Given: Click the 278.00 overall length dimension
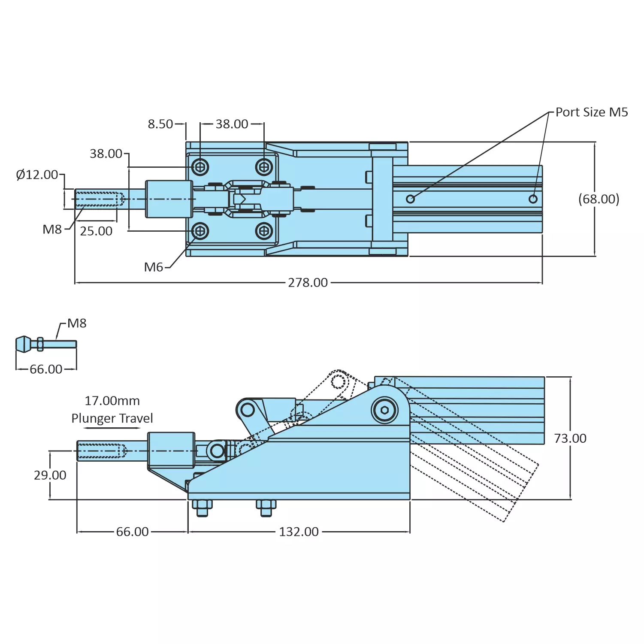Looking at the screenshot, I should click(x=308, y=283).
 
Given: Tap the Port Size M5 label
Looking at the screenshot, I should click(x=591, y=112).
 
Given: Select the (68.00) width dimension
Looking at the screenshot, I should click(x=599, y=199).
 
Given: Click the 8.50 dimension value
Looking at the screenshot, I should click(x=160, y=124).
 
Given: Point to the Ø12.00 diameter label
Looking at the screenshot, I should click(x=37, y=175).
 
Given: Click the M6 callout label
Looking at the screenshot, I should click(x=153, y=267).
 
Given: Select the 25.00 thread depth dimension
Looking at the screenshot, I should click(x=96, y=231).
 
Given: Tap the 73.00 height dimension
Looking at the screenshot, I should click(x=570, y=438).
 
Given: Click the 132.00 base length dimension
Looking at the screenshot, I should click(x=299, y=532).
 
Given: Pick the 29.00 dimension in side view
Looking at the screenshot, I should click(x=50, y=475).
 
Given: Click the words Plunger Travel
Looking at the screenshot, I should click(x=112, y=418).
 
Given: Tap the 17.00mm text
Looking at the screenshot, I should click(x=112, y=401).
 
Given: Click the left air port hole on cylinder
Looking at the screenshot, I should click(x=410, y=199).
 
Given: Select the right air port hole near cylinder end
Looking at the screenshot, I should click(x=533, y=199).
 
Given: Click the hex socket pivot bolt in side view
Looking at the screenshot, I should click(x=385, y=410).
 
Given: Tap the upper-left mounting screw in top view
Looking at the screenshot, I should click(x=200, y=167).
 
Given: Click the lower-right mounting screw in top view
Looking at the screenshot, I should click(x=264, y=231).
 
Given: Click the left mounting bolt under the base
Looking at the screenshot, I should click(x=202, y=508).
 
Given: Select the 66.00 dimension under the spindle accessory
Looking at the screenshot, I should click(x=46, y=369).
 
